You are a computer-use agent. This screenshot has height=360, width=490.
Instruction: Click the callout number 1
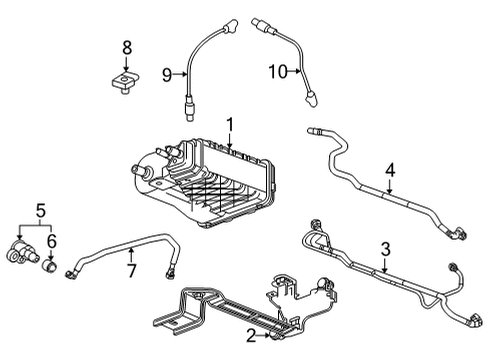pyautogui.click(x=229, y=125)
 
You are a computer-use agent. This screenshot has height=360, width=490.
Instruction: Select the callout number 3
pyautogui.click(x=384, y=247)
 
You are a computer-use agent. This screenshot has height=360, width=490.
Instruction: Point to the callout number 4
pyautogui.click(x=391, y=169)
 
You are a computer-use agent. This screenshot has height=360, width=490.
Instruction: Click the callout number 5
pyautogui.click(x=40, y=211)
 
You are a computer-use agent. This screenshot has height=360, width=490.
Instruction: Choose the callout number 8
pyautogui.click(x=126, y=47)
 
